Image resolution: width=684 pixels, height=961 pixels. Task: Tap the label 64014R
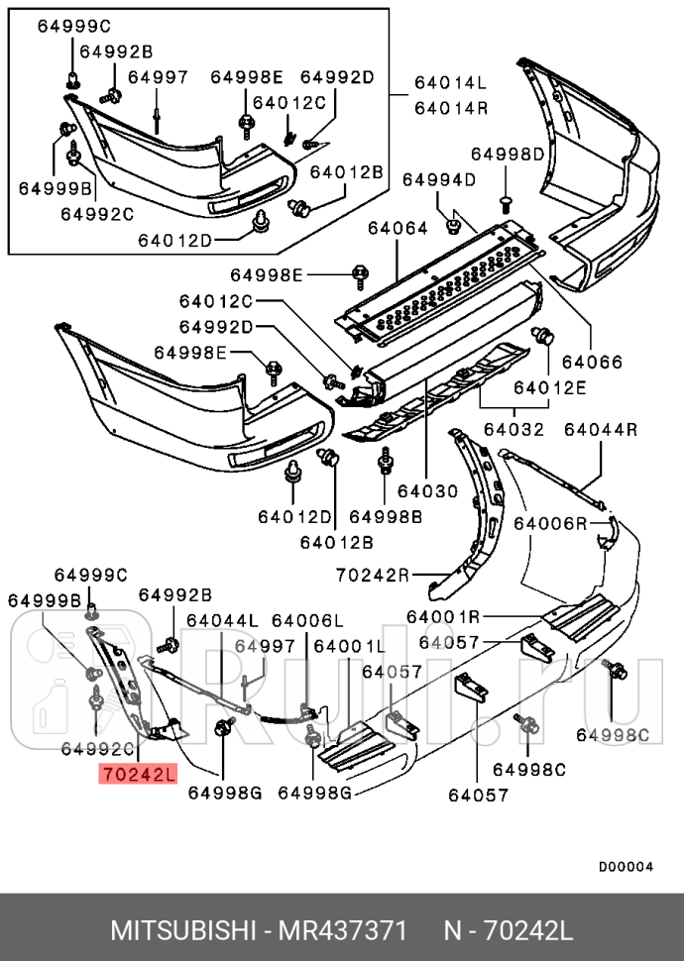(x=451, y=108)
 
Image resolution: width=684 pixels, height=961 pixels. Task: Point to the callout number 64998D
(x=508, y=154)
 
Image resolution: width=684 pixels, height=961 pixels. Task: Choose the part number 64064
(x=397, y=228)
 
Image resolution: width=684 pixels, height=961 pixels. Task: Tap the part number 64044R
(x=600, y=429)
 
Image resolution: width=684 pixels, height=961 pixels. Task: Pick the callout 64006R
(x=550, y=522)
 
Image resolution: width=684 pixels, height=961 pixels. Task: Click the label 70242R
(x=372, y=573)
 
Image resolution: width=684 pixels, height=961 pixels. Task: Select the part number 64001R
(x=442, y=616)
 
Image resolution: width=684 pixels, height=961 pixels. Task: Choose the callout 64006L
(x=307, y=620)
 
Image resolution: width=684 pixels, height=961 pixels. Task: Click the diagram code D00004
(x=626, y=867)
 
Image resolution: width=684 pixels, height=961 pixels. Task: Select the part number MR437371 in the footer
(x=343, y=932)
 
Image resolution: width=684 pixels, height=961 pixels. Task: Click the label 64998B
(x=386, y=516)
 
